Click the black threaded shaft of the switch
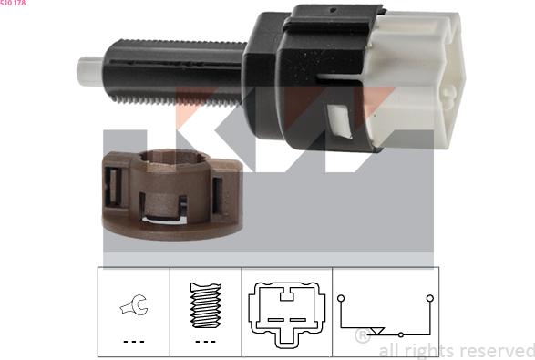coord(173,68)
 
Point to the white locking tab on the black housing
coord(338,118)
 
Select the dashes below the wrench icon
coord(133,341)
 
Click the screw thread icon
coord(205,307)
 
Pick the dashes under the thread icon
coord(205,341)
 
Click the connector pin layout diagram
coord(284,310)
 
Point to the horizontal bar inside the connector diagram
coord(284,318)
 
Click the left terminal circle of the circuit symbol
coord(340,298)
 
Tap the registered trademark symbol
coord(362,337)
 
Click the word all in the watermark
coord(386,350)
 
